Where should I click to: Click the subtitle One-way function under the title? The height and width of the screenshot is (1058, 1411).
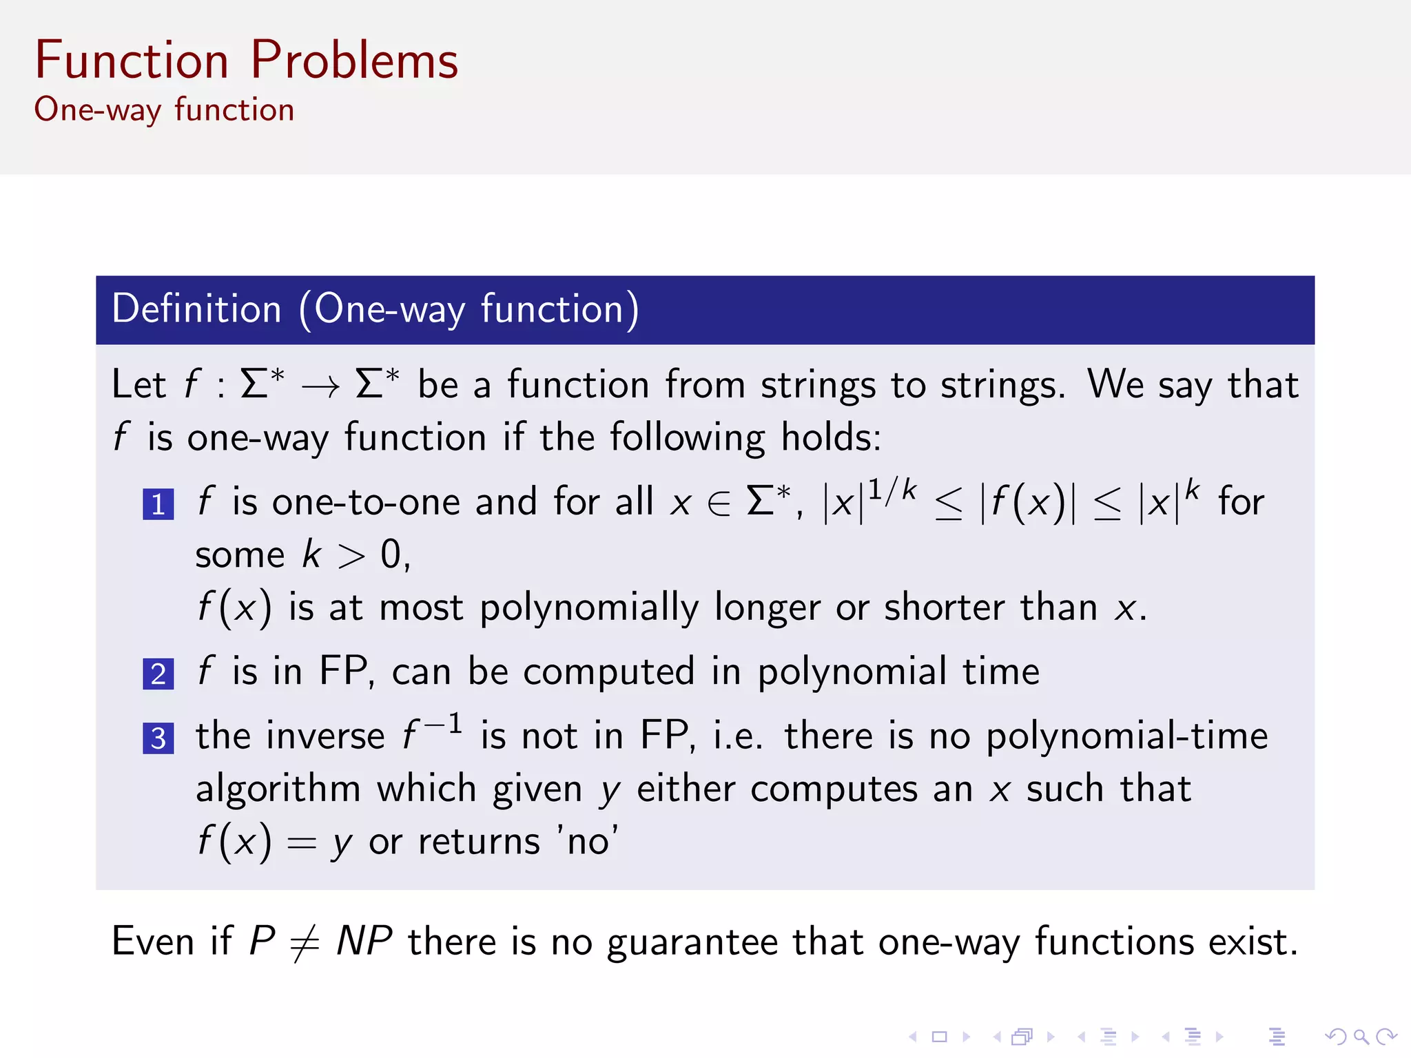pyautogui.click(x=164, y=110)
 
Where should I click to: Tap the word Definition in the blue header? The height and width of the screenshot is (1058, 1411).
pyautogui.click(x=197, y=309)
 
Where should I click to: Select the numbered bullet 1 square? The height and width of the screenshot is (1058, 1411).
pyautogui.click(x=158, y=504)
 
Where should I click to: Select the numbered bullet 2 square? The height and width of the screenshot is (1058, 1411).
pyautogui.click(x=158, y=674)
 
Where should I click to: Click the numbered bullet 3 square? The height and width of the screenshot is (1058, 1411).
pyautogui.click(x=158, y=738)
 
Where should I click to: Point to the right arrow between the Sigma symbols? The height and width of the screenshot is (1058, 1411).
pyautogui.click(x=320, y=387)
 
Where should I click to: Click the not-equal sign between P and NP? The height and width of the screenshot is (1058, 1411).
pyautogui.click(x=305, y=943)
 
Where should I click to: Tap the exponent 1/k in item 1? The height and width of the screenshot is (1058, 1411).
pyautogui.click(x=892, y=490)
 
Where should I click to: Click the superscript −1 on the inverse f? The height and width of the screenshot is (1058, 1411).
pyautogui.click(x=443, y=725)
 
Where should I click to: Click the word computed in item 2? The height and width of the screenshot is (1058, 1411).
pyautogui.click(x=608, y=672)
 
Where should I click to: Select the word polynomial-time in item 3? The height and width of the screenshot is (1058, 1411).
pyautogui.click(x=1127, y=736)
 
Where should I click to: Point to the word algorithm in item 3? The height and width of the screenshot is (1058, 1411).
pyautogui.click(x=278, y=789)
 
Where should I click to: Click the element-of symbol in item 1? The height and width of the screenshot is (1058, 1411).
pyautogui.click(x=719, y=504)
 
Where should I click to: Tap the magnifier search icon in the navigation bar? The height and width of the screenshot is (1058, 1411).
pyautogui.click(x=1361, y=1037)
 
